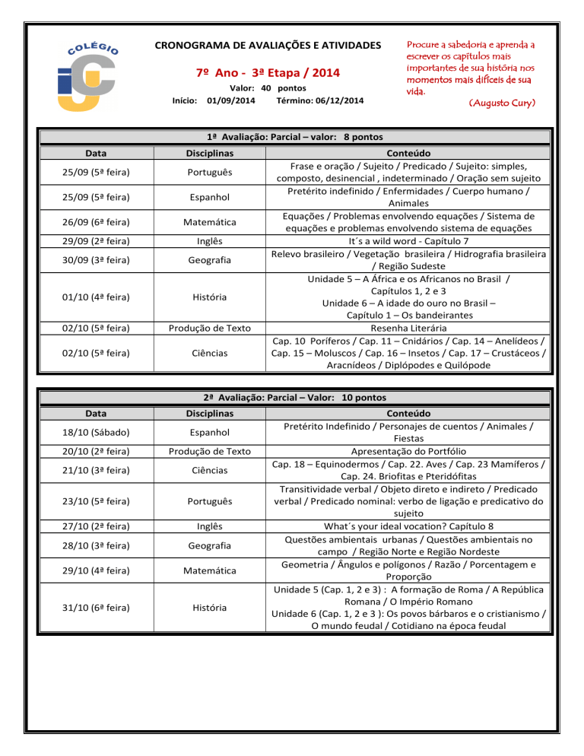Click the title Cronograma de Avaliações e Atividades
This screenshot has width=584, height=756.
click(x=268, y=46)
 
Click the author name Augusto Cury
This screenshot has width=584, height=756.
click(x=503, y=102)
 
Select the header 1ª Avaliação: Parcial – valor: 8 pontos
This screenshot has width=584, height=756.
click(x=295, y=137)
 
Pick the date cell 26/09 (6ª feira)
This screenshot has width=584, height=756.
click(x=97, y=222)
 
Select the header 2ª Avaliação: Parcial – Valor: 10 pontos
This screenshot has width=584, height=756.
click(x=295, y=398)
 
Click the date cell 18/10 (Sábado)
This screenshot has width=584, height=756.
click(x=97, y=432)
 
